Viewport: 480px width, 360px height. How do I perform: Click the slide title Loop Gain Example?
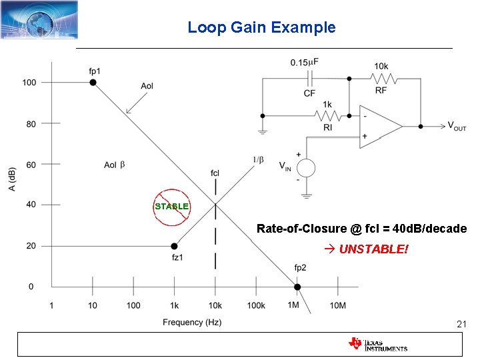point(261,27)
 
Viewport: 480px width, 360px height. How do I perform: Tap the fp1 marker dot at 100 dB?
point(93,82)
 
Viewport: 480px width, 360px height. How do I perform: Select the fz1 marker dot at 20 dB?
point(174,246)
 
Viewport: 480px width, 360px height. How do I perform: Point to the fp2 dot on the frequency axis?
point(297,287)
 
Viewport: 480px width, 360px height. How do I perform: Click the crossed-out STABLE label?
point(171,207)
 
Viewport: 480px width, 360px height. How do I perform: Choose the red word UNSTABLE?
point(373,249)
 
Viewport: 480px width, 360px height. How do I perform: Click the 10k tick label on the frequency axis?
point(215,305)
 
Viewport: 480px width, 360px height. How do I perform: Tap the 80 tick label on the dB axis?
point(31,123)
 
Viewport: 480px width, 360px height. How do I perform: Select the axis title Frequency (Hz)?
point(192,323)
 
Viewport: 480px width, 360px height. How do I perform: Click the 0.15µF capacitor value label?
point(304,62)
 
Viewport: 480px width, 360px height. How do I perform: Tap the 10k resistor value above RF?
point(381,66)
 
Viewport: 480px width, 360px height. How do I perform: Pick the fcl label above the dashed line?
point(215,173)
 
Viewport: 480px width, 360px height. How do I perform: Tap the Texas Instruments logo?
point(377,344)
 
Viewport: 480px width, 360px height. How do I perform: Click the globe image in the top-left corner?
point(39,19)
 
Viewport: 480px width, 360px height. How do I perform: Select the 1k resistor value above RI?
point(327,105)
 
